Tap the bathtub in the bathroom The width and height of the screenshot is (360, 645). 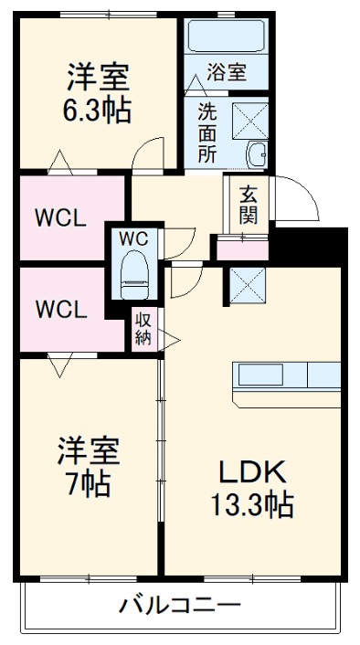227,37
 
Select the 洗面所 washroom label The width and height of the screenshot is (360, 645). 207,132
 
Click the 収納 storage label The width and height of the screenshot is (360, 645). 143,329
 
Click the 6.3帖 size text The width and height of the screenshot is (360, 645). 96,111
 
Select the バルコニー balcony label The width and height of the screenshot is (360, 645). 179,605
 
